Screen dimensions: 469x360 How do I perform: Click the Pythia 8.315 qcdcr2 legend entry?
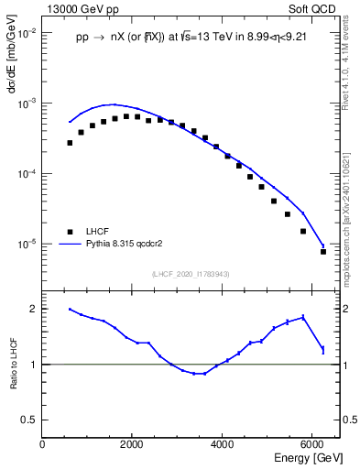click(x=118, y=245)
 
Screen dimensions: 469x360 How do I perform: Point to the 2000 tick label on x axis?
click(x=133, y=445)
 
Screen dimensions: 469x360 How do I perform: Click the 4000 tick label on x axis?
click(x=223, y=445)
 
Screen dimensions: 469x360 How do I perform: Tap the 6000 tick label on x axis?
click(x=312, y=445)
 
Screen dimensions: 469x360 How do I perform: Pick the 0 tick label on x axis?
click(x=43, y=445)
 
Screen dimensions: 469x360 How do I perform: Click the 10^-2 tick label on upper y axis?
click(x=27, y=33)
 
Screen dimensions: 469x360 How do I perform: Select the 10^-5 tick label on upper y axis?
click(x=27, y=245)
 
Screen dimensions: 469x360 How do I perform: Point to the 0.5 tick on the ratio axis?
click(x=30, y=420)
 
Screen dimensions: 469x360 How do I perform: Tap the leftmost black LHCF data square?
click(x=70, y=143)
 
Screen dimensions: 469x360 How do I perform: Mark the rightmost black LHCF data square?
click(x=323, y=251)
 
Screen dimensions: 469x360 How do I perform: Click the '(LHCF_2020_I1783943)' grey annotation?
click(x=191, y=274)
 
